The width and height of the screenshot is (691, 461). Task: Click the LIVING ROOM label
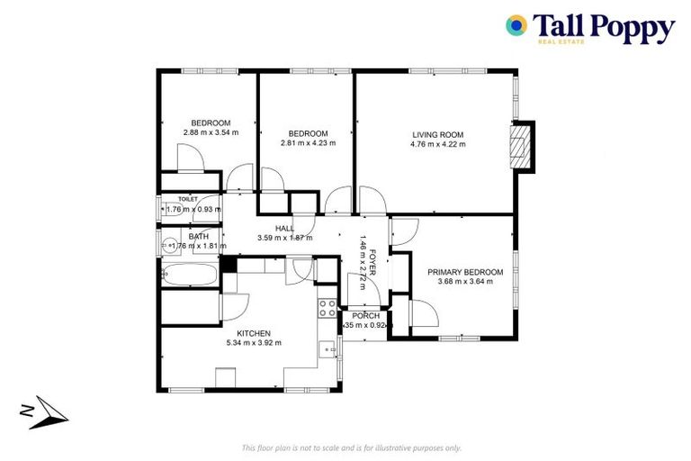click(437, 135)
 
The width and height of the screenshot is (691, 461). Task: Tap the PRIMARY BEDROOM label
click(465, 272)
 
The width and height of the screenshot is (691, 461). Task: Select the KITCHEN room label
click(254, 333)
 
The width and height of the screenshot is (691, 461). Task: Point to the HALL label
click(284, 229)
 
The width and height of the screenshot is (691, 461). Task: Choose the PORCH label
click(365, 315)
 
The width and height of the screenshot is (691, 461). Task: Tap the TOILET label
click(188, 199)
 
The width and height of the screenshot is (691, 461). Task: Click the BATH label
click(199, 237)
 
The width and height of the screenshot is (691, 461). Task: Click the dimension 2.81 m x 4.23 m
click(308, 142)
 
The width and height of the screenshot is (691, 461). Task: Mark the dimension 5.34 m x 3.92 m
click(254, 342)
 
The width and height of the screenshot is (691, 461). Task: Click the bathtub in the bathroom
click(189, 273)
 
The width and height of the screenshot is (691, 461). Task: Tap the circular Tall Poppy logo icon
click(516, 25)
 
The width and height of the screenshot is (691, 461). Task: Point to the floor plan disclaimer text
click(352, 447)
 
